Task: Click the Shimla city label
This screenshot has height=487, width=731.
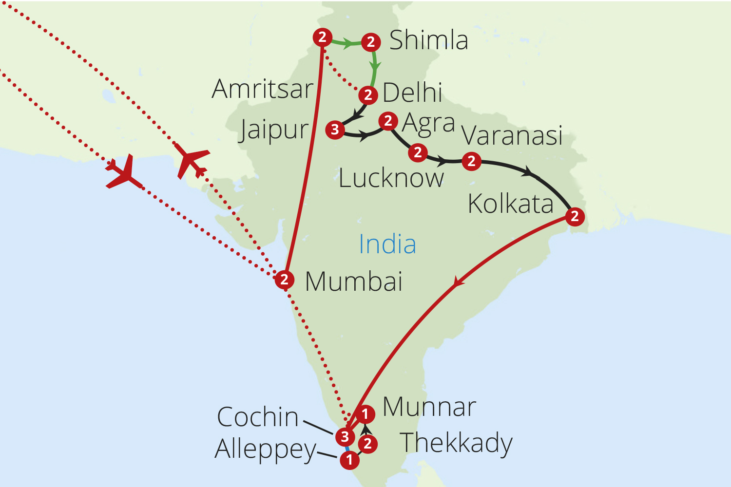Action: pyautogui.click(x=428, y=40)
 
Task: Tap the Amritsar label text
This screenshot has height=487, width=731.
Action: pyautogui.click(x=263, y=89)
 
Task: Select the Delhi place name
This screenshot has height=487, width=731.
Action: pyautogui.click(x=412, y=93)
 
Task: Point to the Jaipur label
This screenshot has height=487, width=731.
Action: pyautogui.click(x=274, y=130)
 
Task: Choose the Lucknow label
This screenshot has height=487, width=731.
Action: pyautogui.click(x=391, y=178)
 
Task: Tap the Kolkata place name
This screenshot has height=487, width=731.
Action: pyautogui.click(x=510, y=204)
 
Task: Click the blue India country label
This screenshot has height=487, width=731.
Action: pyautogui.click(x=387, y=244)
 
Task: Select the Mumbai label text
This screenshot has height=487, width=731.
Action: pyautogui.click(x=354, y=281)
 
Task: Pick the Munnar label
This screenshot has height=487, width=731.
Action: pyautogui.click(x=429, y=407)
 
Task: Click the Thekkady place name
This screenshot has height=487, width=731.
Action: pyautogui.click(x=456, y=443)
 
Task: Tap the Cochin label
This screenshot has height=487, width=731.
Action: pyautogui.click(x=257, y=417)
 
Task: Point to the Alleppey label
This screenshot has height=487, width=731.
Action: pyautogui.click(x=266, y=450)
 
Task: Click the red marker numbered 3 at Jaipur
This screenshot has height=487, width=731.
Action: pyautogui.click(x=335, y=130)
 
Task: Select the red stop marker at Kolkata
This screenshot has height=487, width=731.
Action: pyautogui.click(x=575, y=216)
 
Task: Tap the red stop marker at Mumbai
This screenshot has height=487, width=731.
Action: pyautogui.click(x=285, y=280)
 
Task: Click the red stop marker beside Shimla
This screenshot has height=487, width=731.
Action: pyautogui.click(x=371, y=42)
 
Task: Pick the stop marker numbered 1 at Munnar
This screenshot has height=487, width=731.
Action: pyautogui.click(x=365, y=414)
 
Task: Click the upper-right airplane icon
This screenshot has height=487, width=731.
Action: pyautogui.click(x=192, y=160)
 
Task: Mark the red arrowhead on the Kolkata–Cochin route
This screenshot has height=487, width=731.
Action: pyautogui.click(x=457, y=282)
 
